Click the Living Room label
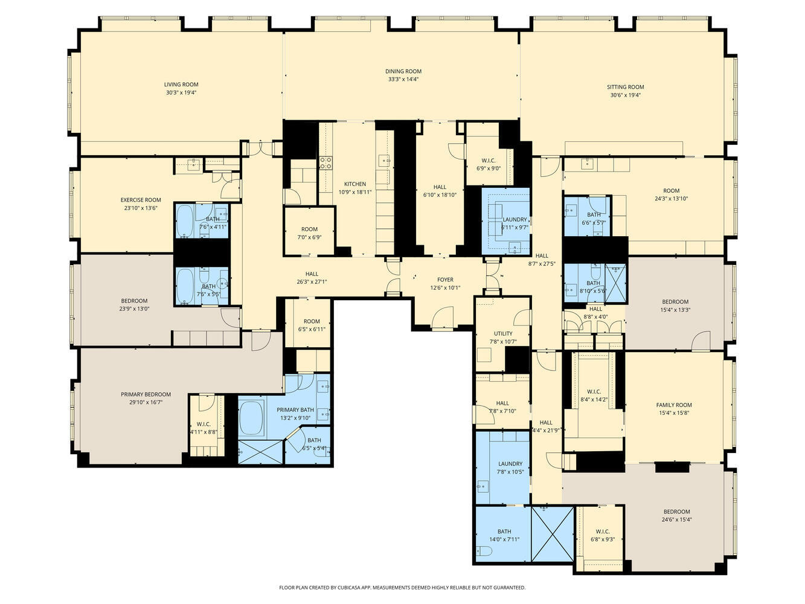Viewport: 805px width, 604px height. click(x=181, y=85)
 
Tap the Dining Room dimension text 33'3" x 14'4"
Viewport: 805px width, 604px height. click(x=403, y=79)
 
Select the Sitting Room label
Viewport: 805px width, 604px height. click(x=625, y=87)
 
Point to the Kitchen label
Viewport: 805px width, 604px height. click(x=355, y=184)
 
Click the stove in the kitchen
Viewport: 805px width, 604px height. click(x=326, y=162)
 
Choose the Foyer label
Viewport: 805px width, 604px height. click(x=445, y=280)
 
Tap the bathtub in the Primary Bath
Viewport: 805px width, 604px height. click(x=251, y=417)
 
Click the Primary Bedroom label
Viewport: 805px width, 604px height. click(x=146, y=394)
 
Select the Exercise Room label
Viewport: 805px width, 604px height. click(x=141, y=200)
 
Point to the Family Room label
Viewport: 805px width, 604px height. click(x=674, y=405)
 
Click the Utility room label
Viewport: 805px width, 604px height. click(x=503, y=333)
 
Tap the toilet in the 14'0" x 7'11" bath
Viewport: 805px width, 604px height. click(x=483, y=551)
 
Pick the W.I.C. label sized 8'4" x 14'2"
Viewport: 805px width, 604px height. click(x=594, y=391)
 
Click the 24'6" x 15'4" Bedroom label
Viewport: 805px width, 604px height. click(x=675, y=512)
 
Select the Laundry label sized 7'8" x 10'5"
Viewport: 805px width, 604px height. click(x=510, y=464)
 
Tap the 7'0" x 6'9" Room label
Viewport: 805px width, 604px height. click(x=309, y=230)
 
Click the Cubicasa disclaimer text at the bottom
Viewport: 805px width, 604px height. click(x=402, y=587)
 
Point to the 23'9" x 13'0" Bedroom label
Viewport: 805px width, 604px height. click(x=134, y=301)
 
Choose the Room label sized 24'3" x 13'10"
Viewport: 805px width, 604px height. click(x=671, y=191)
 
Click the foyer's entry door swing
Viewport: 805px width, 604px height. click(x=444, y=318)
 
